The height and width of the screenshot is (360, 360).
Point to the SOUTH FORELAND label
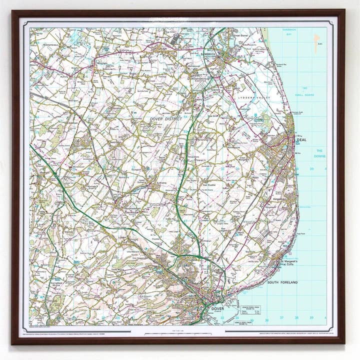click(282, 282)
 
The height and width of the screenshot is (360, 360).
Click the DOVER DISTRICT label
click(166, 118)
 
